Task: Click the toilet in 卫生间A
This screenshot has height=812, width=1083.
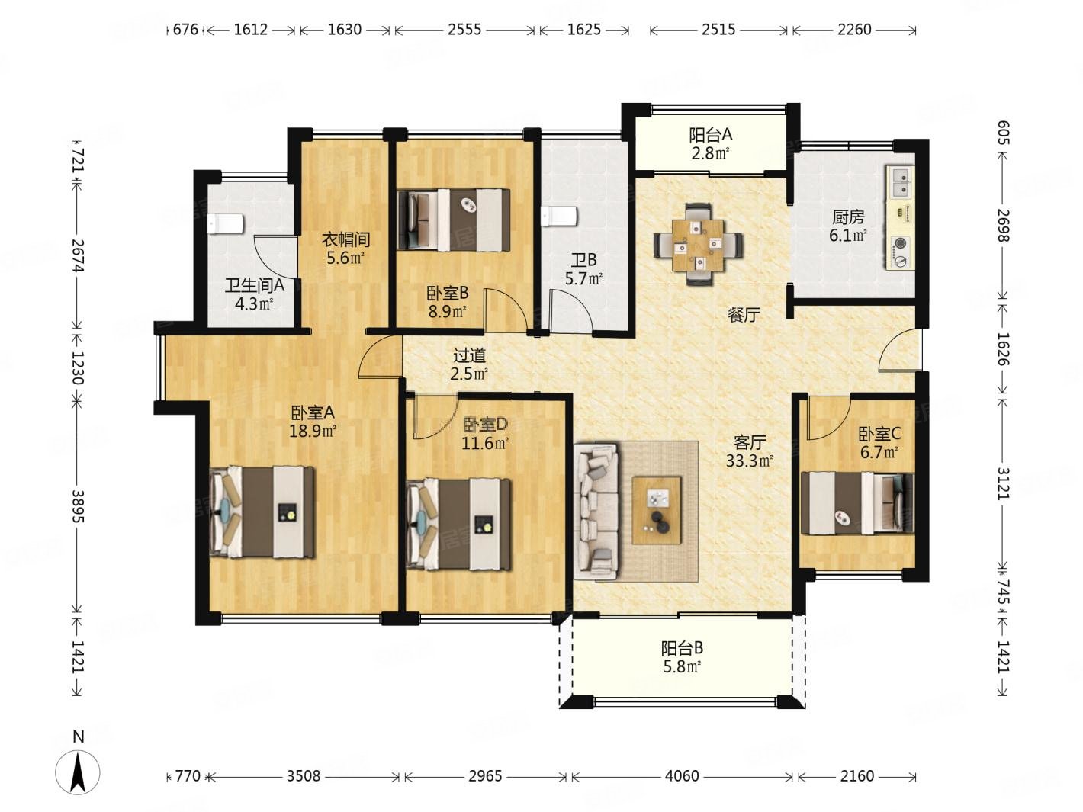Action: [x=224, y=224]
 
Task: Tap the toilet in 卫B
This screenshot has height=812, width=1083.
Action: [x=559, y=216]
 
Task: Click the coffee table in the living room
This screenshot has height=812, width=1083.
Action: [x=657, y=510]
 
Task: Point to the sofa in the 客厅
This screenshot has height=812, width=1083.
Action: [x=596, y=512]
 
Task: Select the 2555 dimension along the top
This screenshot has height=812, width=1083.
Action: [x=464, y=30]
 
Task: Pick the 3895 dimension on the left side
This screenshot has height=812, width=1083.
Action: [x=78, y=506]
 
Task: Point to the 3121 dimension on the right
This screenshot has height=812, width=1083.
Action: [x=1004, y=483]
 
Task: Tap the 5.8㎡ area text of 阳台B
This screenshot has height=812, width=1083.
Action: [x=682, y=667]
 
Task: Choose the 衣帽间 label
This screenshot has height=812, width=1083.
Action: [x=345, y=240]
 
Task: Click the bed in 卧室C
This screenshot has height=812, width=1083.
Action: [x=857, y=503]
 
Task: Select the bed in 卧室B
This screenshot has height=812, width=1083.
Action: [x=454, y=219]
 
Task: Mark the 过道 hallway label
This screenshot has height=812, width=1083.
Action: [x=470, y=355]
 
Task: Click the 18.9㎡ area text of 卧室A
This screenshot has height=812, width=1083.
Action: [x=313, y=432]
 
